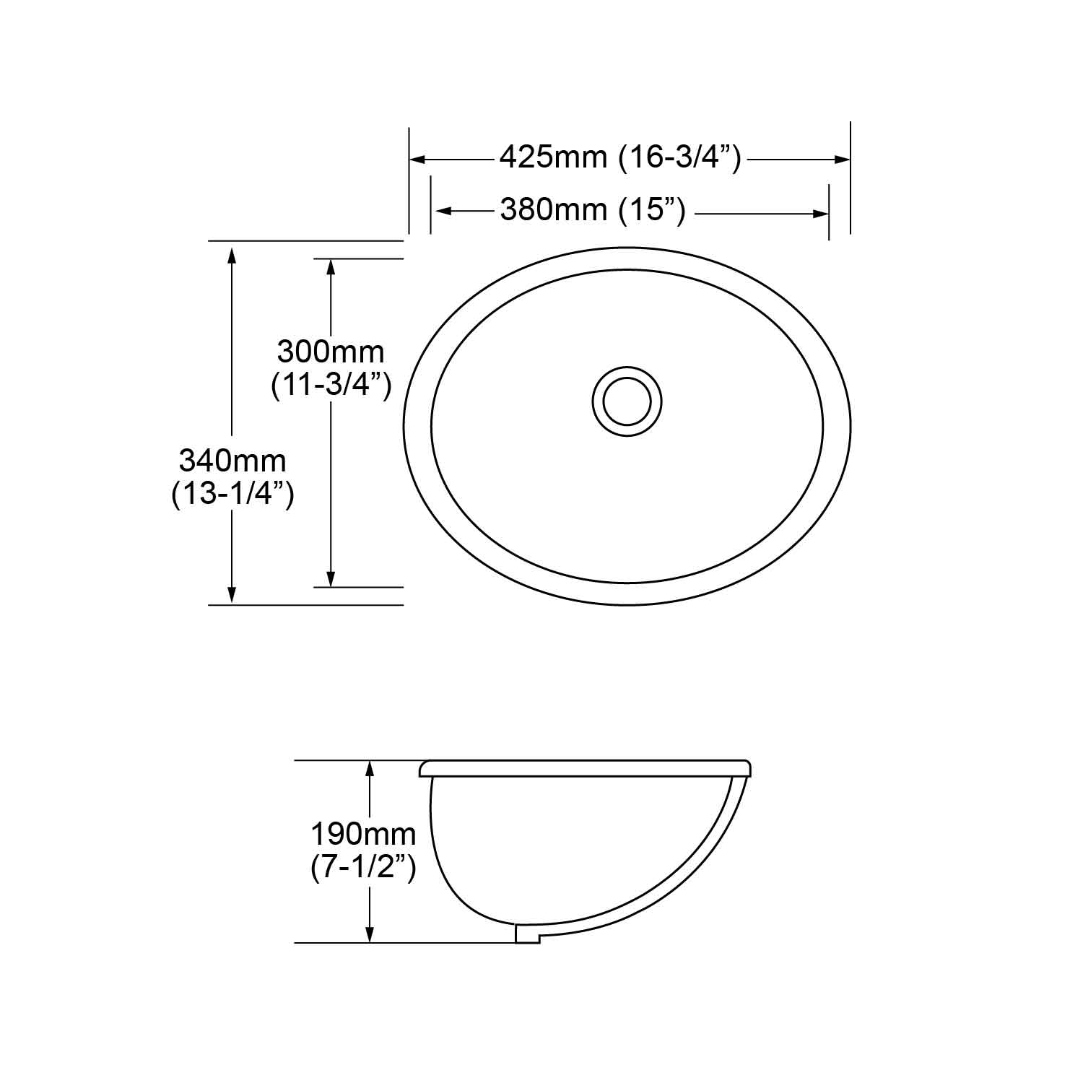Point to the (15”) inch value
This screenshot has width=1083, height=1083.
tap(652, 211)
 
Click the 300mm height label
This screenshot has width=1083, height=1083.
tap(331, 352)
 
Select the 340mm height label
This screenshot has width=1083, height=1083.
tap(232, 460)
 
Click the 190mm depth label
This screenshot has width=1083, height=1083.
tap(363, 835)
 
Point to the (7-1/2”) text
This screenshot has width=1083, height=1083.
tap(363, 868)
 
